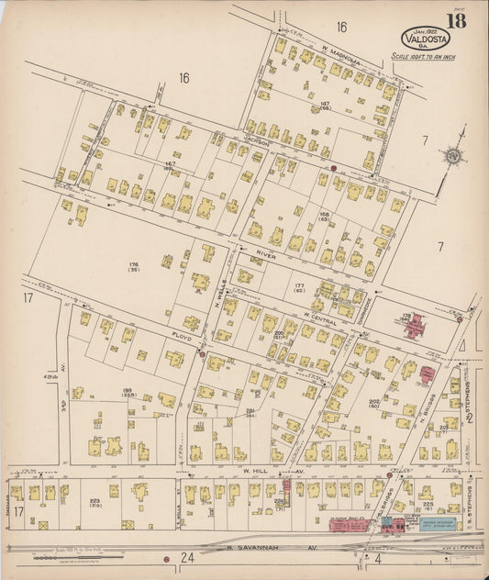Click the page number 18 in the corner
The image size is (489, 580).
click(x=455, y=21)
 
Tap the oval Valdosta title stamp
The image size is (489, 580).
click(x=426, y=39)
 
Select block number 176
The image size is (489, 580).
click(x=134, y=267)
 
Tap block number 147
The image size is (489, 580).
click(x=325, y=106)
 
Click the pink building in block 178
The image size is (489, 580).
click(x=415, y=324)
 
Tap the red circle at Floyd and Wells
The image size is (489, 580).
click(x=203, y=353)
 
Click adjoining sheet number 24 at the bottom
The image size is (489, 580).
click(x=187, y=558)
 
